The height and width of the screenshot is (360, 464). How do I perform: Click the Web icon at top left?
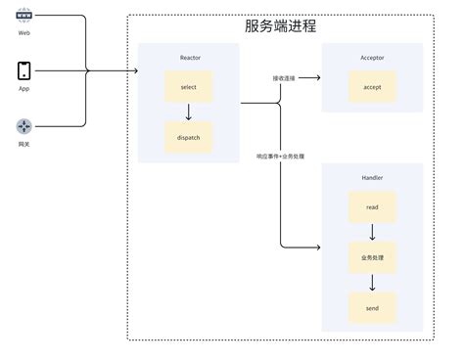(x=23, y=18)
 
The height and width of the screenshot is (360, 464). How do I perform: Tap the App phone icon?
(x=23, y=71)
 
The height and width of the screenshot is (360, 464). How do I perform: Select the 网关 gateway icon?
(x=23, y=126)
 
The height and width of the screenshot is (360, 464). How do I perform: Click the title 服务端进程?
(x=280, y=26)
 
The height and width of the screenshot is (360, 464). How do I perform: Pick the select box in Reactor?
(x=189, y=87)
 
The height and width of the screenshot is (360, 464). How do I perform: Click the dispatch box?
(x=189, y=137)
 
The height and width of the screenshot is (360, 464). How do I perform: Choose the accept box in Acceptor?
(x=372, y=86)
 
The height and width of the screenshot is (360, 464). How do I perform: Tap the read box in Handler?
(x=372, y=207)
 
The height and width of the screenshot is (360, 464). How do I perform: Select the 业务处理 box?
(x=372, y=258)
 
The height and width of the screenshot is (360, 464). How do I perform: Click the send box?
(x=372, y=308)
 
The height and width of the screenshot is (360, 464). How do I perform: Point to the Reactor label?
(x=189, y=58)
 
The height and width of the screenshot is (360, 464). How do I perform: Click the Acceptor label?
(x=372, y=58)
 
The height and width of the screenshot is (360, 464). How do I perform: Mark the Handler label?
(x=372, y=177)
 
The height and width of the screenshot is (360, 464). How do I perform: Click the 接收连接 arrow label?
(x=285, y=78)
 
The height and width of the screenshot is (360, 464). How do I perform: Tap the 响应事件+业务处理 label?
(x=280, y=156)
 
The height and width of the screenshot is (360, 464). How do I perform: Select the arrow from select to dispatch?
(x=189, y=112)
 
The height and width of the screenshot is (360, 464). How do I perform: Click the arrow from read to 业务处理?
(x=372, y=233)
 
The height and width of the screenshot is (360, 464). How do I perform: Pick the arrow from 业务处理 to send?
(x=372, y=284)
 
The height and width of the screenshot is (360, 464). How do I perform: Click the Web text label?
(x=23, y=33)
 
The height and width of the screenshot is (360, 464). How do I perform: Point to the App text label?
(x=23, y=88)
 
